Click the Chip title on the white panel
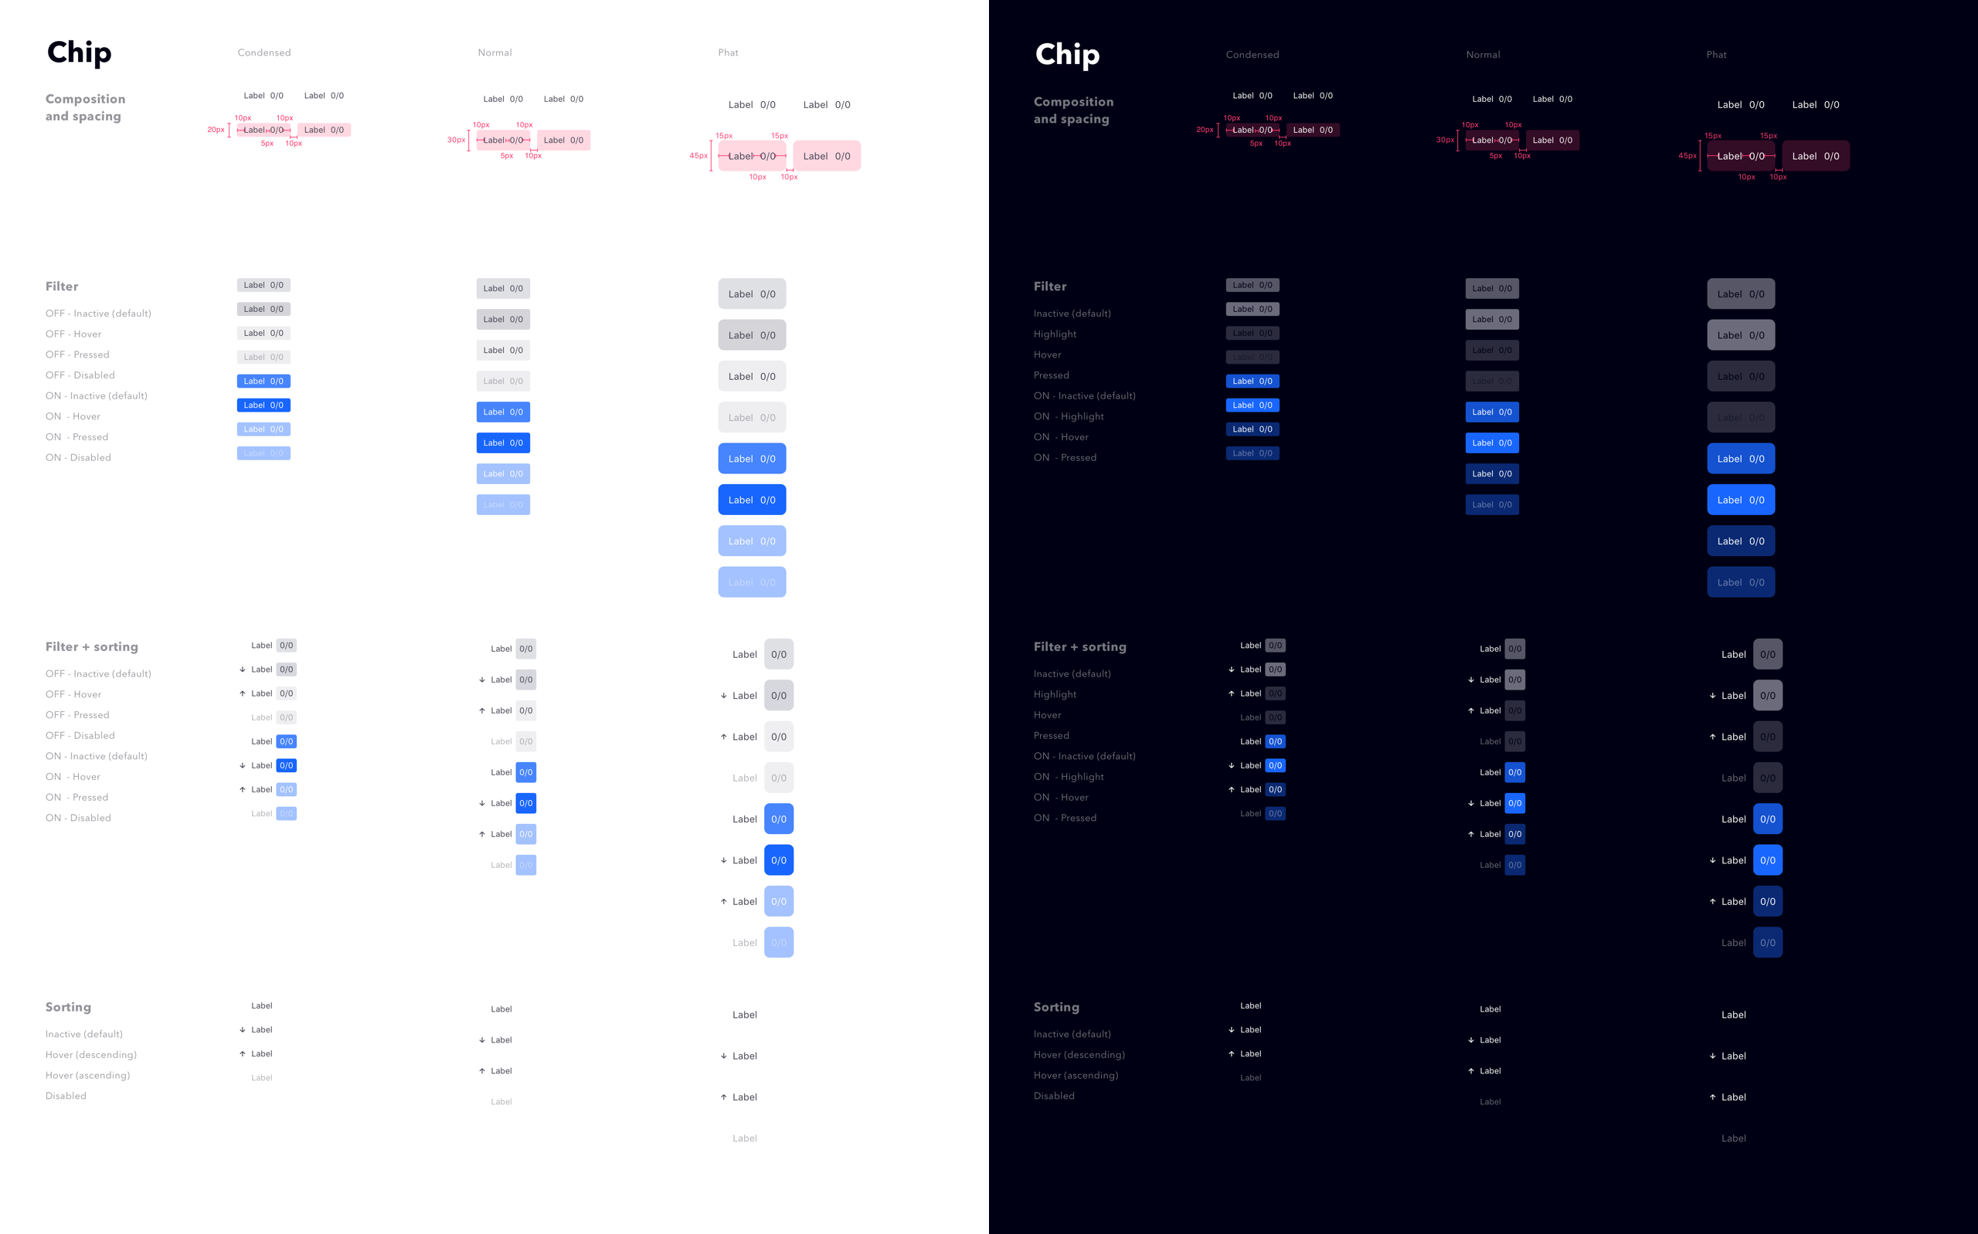click(x=79, y=53)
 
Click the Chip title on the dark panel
click(x=1067, y=55)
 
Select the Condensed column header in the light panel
click(x=263, y=53)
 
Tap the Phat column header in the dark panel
click(x=1716, y=55)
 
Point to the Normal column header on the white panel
click(x=494, y=53)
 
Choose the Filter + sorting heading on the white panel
click(x=91, y=646)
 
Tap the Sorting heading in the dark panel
click(x=1055, y=1007)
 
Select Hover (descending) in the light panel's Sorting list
click(x=90, y=1054)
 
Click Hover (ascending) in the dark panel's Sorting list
click(x=1075, y=1075)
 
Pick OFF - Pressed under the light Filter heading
click(x=77, y=354)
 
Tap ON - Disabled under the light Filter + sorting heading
click(x=78, y=818)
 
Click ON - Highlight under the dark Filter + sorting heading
click(x=1068, y=777)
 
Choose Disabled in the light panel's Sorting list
click(x=66, y=1096)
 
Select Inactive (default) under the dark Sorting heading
click(x=1072, y=1034)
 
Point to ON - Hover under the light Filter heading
click(x=73, y=416)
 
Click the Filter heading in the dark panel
click(x=1050, y=286)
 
